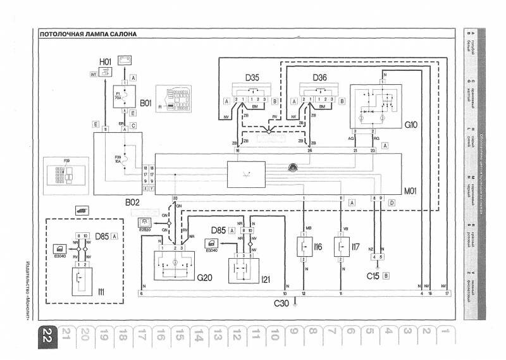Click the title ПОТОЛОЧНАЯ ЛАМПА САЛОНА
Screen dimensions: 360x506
click(87, 35)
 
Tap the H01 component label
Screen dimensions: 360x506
click(105, 61)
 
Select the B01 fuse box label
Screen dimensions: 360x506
click(146, 102)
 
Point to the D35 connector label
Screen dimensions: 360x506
click(252, 78)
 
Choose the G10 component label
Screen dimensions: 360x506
click(411, 125)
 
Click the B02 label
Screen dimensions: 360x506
click(132, 204)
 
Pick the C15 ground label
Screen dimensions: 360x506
click(374, 276)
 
